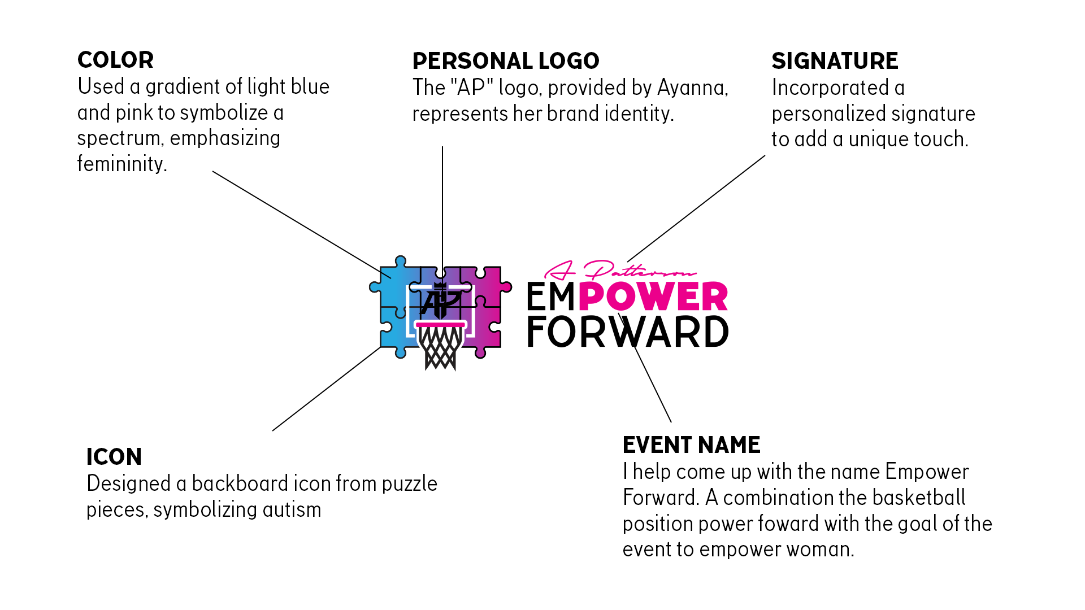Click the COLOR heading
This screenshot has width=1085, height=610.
115,60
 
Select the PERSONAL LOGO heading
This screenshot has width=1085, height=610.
505,61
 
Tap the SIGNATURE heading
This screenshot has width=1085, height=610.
834,61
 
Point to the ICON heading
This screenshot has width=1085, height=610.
114,457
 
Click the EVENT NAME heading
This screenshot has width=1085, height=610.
691,445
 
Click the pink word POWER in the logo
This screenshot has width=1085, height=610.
653,297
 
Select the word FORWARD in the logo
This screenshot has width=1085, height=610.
627,332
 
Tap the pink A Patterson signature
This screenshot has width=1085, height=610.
619,271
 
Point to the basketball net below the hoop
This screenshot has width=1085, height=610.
440,347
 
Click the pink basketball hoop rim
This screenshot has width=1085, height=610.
440,324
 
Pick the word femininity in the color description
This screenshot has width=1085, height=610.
122,164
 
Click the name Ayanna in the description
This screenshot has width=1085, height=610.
692,88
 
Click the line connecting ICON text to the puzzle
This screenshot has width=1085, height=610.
326,389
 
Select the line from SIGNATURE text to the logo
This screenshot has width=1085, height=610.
696,209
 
